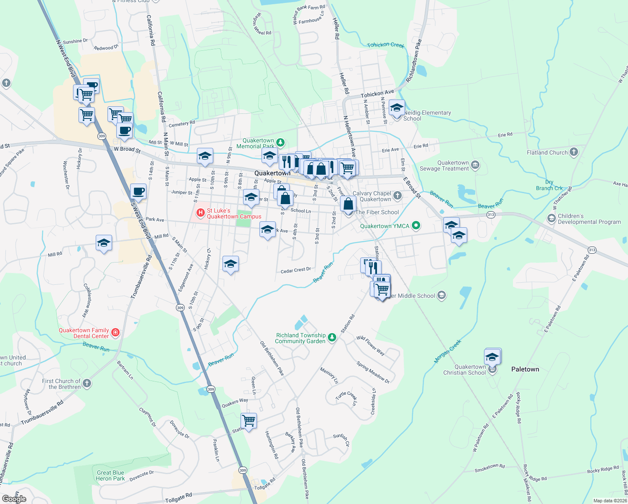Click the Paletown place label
(525, 369)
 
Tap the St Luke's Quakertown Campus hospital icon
(201, 213)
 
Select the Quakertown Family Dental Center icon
(115, 333)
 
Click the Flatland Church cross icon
(574, 152)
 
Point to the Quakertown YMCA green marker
(416, 226)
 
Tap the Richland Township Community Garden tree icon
(332, 338)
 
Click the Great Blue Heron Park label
(110, 475)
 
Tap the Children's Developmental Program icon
(551, 218)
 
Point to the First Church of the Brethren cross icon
(86, 383)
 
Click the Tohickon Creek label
(385, 45)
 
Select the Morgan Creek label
(447, 351)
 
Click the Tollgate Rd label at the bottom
(178, 499)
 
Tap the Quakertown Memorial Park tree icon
(280, 143)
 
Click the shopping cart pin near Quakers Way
(249, 420)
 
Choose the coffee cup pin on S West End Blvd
(139, 192)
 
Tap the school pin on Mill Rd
(104, 243)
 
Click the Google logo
(14, 499)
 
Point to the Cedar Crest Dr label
(296, 270)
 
